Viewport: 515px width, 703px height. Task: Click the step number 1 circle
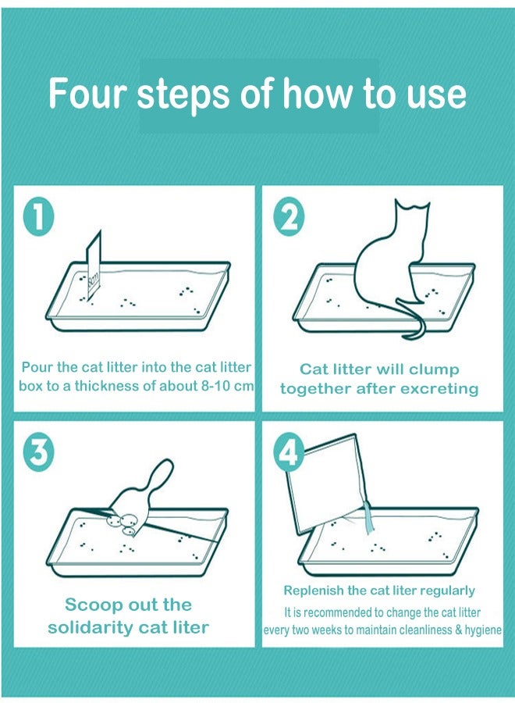click(x=38, y=216)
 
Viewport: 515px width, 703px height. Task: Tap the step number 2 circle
click(x=289, y=218)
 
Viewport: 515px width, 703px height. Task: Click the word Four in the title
click(x=87, y=93)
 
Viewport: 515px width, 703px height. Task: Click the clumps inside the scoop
click(x=123, y=524)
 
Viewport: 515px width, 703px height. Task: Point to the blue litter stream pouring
click(x=368, y=517)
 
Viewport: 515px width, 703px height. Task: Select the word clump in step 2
click(x=434, y=370)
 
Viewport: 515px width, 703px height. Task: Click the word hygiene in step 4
click(x=483, y=630)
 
